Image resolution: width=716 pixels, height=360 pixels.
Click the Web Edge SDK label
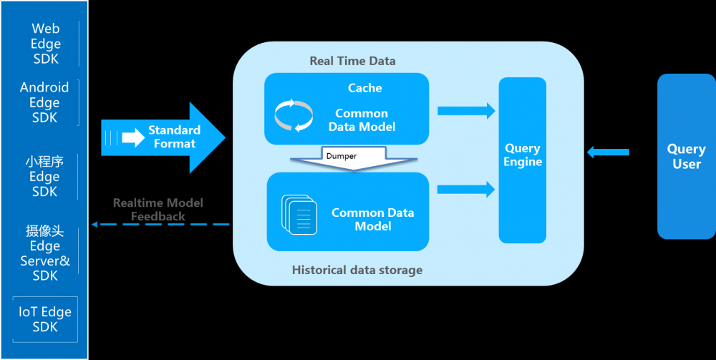pos(46,44)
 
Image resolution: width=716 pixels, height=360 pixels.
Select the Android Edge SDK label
pos(44,102)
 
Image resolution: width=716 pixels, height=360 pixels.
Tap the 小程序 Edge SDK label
pos(44,176)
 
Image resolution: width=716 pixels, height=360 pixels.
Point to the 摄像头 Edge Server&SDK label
pos(44,253)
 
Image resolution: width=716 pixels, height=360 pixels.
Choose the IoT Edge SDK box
pos(45,319)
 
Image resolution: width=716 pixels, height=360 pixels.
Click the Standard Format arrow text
pos(174,137)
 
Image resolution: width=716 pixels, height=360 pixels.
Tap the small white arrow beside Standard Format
pos(133,137)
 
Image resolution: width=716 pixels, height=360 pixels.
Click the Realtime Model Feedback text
pos(158,209)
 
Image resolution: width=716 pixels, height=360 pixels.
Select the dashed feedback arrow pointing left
pos(160,225)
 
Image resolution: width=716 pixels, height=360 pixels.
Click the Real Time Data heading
pos(352,61)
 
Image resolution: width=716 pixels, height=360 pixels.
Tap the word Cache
pos(364,88)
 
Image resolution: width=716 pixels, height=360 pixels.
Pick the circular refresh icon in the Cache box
pos(294,115)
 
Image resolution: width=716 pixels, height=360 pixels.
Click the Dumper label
pos(341,155)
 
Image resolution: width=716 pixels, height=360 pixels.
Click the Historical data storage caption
pos(357,270)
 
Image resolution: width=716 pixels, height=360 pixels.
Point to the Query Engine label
pos(523,155)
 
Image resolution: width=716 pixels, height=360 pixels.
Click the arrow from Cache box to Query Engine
pos(466,110)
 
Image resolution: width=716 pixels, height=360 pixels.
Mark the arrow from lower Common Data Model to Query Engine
pos(466,189)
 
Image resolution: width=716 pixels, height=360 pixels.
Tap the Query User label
pos(686,156)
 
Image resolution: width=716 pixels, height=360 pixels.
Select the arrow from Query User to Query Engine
pos(608,152)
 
